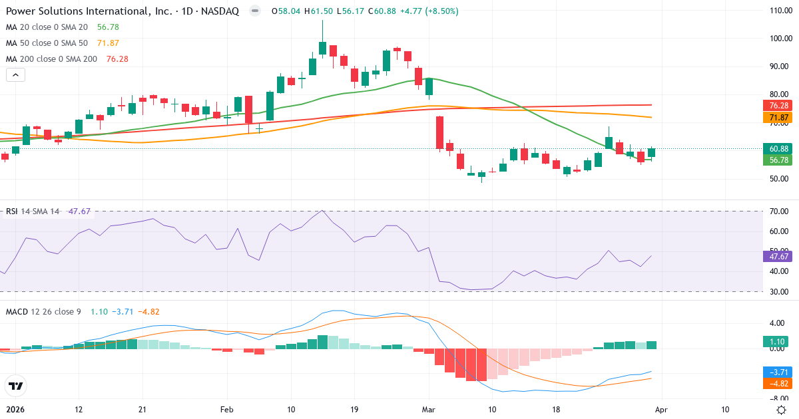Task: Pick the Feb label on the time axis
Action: (x=227, y=409)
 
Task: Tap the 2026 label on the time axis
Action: (x=15, y=409)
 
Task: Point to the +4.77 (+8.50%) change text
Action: (x=429, y=11)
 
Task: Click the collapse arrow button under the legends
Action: (x=15, y=75)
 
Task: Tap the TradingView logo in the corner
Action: (x=15, y=385)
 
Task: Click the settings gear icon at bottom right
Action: (x=780, y=409)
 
